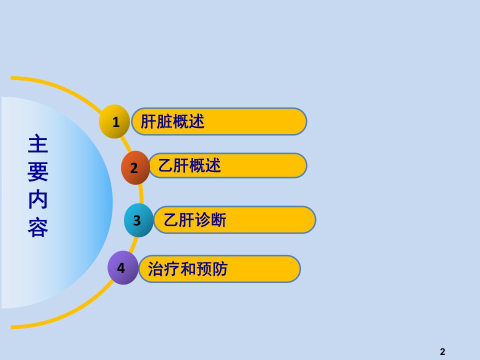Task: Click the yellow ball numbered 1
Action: [114, 121]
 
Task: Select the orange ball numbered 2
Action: [135, 168]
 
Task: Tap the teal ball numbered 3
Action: [138, 220]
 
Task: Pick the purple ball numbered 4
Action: [123, 267]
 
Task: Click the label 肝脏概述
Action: [172, 121]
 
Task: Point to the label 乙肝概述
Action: [189, 165]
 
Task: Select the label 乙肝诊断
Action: [195, 220]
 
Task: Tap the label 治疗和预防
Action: [187, 269]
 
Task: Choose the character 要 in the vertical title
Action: [38, 171]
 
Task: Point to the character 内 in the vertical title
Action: [38, 199]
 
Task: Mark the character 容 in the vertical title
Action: [38, 227]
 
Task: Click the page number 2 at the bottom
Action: [442, 351]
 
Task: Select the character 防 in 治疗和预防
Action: [220, 269]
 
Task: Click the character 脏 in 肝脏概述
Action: [164, 121]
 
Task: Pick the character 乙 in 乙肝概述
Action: [165, 165]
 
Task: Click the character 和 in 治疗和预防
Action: [188, 269]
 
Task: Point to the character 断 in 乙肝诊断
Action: [218, 220]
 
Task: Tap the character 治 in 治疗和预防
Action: [156, 269]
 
